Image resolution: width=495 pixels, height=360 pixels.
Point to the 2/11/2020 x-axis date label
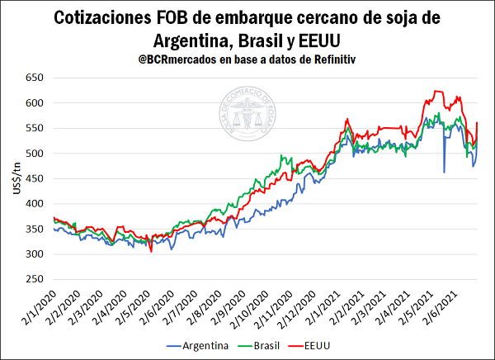[274, 307]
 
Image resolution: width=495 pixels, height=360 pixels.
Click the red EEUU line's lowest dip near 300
[151, 252]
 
